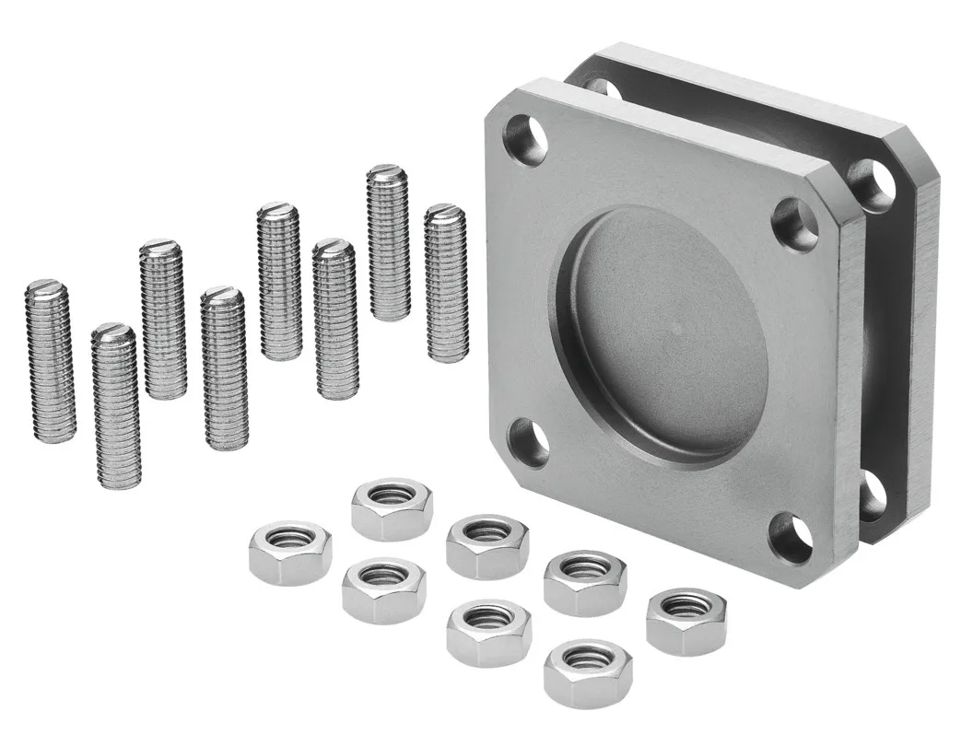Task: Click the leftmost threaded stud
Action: click(x=50, y=361)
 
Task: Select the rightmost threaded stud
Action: click(x=446, y=283)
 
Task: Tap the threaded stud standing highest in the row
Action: click(x=388, y=242)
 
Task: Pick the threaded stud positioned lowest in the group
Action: click(x=116, y=406)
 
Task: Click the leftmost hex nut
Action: click(x=289, y=552)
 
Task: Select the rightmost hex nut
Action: click(x=686, y=622)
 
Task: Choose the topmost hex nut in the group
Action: click(x=392, y=508)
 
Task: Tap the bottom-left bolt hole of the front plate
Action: click(x=529, y=442)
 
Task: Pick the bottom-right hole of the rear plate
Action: click(x=872, y=496)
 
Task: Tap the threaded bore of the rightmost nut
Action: click(x=686, y=606)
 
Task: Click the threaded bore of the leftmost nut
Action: click(x=289, y=538)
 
